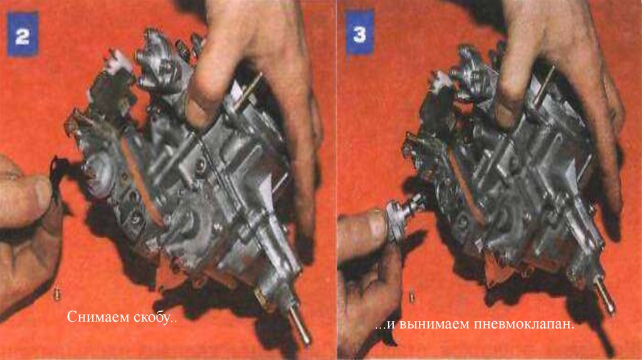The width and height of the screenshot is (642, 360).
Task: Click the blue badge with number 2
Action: pos(23,34)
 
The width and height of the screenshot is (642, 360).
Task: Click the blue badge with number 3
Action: pos(359,33)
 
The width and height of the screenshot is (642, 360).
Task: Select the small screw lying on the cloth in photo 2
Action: pos(57,294)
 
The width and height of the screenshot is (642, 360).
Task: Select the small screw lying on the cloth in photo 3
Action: pos(412,297)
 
